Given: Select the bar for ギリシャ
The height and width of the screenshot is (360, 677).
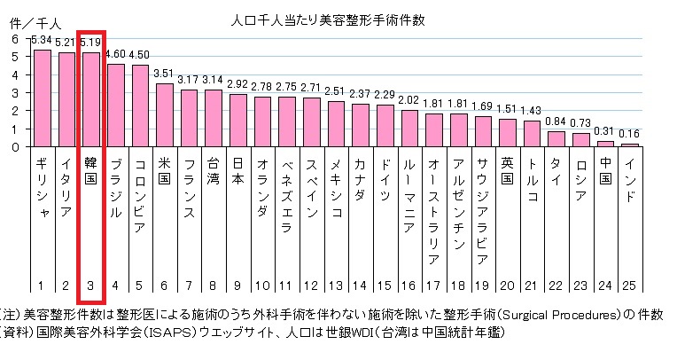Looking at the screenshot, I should pyautogui.click(x=42, y=98).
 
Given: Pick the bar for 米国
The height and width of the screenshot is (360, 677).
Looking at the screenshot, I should pyautogui.click(x=164, y=115).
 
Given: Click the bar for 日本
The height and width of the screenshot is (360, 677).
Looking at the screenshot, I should pyautogui.click(x=237, y=121).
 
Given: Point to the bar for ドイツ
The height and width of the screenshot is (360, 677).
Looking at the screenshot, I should pyautogui.click(x=385, y=126).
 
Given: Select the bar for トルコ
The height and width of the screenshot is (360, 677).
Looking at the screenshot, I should pyautogui.click(x=532, y=134).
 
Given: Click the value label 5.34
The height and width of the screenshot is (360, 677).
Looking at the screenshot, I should pyautogui.click(x=41, y=41).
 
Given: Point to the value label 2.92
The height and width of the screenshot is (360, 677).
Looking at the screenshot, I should pyautogui.click(x=237, y=84).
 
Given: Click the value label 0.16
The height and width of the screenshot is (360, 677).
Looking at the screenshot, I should pyautogui.click(x=629, y=134).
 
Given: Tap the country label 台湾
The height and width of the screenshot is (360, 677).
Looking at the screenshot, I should pyautogui.click(x=213, y=178).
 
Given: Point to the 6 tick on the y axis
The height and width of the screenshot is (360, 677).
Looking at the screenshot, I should pyautogui.click(x=13, y=39).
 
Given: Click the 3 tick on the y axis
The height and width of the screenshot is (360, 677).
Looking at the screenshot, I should pyautogui.click(x=13, y=93).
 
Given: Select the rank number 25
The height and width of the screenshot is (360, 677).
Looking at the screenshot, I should pyautogui.click(x=629, y=286).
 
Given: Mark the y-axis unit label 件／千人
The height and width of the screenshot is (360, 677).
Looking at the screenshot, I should pyautogui.click(x=30, y=20).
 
